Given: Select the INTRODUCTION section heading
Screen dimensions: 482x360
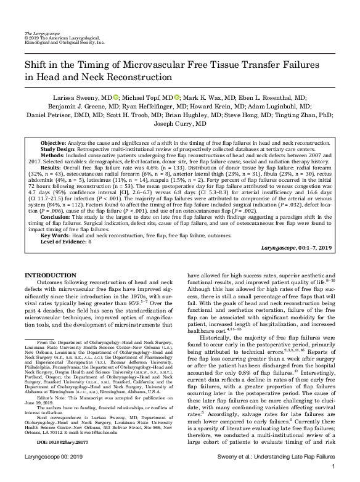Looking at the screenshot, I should (x=51, y=274).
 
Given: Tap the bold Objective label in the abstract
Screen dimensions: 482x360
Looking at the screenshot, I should (x=57, y=142).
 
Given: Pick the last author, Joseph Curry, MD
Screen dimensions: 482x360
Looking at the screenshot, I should (x=179, y=123).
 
